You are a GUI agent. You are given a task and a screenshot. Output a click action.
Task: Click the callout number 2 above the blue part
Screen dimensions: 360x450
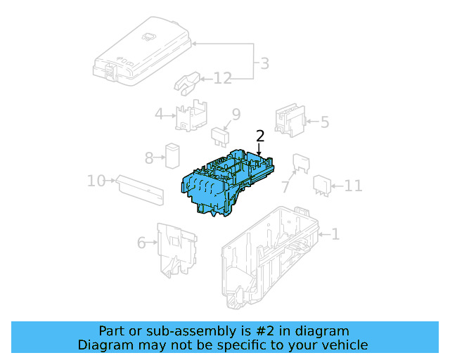260,136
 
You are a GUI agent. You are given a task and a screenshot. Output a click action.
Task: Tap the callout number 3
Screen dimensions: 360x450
264,64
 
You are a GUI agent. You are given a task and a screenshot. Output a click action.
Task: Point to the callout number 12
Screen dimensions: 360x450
223,79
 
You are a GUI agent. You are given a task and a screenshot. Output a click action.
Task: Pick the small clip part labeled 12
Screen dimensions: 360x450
187,82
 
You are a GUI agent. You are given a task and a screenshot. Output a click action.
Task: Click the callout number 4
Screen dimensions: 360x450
160,114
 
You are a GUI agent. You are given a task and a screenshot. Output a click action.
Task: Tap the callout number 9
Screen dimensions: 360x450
236,114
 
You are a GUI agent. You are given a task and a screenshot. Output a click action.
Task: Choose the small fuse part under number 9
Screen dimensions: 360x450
222,134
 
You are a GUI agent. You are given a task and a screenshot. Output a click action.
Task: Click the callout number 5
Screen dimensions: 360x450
324,122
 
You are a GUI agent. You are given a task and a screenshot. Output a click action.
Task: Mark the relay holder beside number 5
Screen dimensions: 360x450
289,119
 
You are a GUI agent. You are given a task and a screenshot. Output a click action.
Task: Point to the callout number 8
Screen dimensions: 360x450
149,158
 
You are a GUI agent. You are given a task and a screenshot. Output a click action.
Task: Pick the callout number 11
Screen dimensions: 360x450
353,186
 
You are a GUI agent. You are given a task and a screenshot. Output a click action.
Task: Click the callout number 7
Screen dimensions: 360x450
285,187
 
